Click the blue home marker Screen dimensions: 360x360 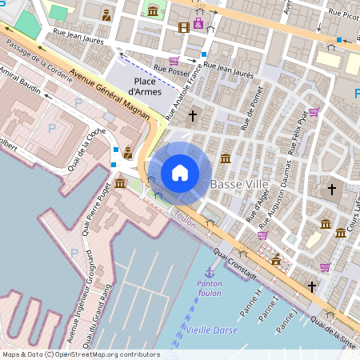tap(180, 172)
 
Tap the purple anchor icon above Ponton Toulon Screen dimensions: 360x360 tap(210, 273)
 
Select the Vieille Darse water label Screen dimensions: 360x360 tap(210, 329)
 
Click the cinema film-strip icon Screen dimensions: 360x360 tap(184, 27)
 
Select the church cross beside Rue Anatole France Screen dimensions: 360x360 tap(192, 116)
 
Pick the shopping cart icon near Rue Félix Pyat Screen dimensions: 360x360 tap(314, 112)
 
